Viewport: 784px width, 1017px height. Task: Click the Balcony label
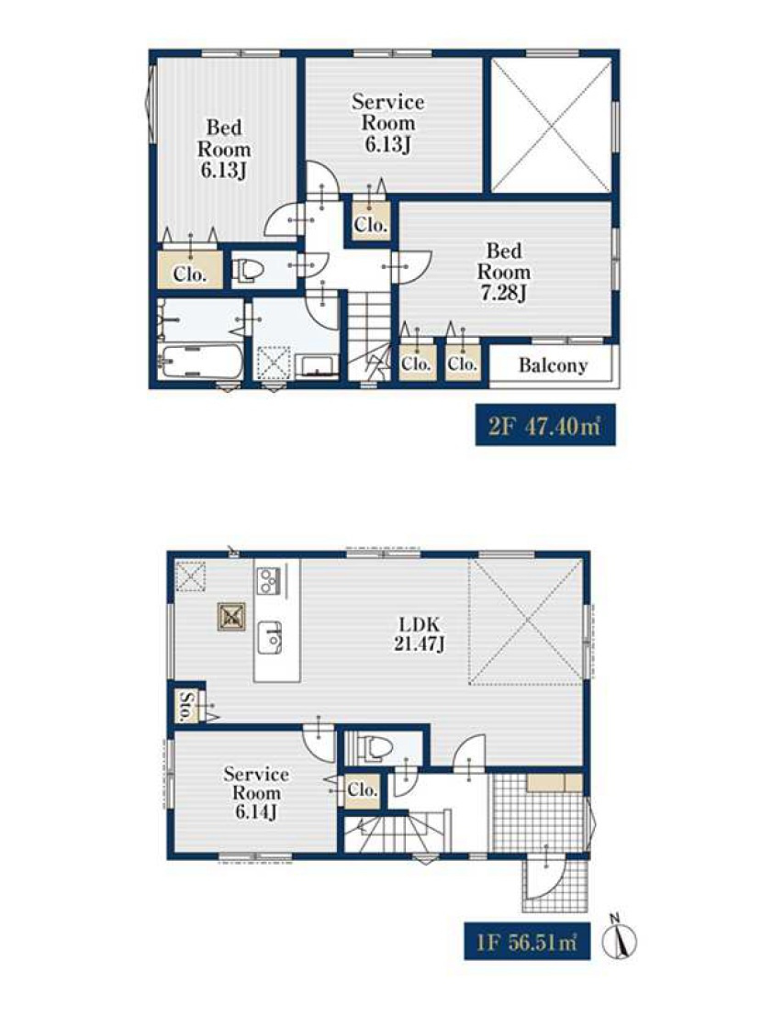coord(553,366)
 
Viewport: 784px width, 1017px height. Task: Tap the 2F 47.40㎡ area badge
coord(545,426)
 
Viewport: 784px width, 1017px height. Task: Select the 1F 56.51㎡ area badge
coord(527,941)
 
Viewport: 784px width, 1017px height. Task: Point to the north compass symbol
coord(620,938)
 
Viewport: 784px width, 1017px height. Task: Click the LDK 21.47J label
coord(419,634)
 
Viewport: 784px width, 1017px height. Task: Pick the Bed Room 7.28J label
coord(504,272)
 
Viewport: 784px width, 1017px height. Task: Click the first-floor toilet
coord(375,748)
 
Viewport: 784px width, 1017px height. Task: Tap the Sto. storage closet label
coord(186,707)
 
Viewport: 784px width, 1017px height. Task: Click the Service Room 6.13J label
coord(387,123)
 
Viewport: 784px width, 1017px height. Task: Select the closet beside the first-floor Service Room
coord(361,790)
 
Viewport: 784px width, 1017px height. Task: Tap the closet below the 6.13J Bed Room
coord(190,270)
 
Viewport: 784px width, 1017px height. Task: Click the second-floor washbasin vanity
coord(317,365)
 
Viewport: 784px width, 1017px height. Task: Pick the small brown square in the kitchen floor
coord(231,617)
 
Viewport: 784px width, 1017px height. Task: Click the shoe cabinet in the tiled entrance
coord(554,783)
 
